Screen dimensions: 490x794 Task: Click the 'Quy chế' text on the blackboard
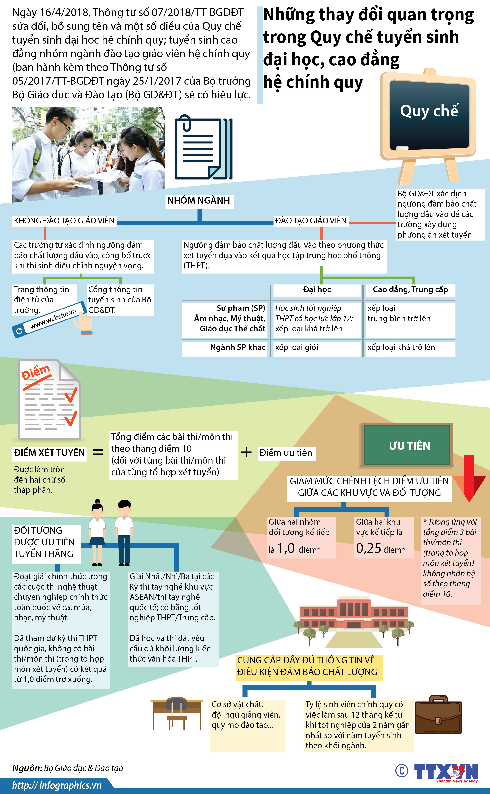pos(429,111)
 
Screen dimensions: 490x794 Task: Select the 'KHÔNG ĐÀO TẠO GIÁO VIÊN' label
pos(64,221)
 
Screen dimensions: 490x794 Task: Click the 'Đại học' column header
pos(317,290)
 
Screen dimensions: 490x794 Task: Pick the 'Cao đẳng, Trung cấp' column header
pos(410,290)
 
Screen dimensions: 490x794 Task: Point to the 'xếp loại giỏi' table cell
pos(297,348)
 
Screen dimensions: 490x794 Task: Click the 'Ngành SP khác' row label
pos(238,348)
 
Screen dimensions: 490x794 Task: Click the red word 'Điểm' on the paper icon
pos(36,372)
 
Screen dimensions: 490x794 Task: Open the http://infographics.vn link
pos(57,785)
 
